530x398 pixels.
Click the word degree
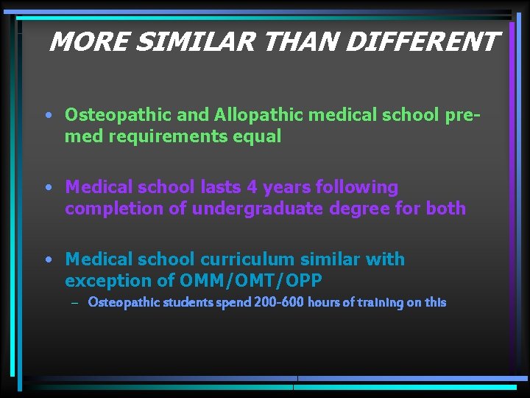click(x=361, y=209)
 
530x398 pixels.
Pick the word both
click(x=445, y=209)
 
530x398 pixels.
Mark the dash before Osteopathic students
click(x=74, y=302)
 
